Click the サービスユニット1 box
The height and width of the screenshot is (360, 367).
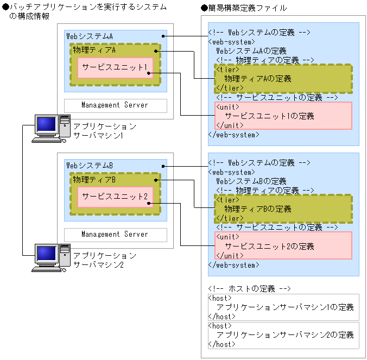(115, 67)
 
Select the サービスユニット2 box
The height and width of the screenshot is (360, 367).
(115, 197)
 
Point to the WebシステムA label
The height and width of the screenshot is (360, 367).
(90, 36)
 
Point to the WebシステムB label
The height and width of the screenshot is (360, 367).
(90, 165)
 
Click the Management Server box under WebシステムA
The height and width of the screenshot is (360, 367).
(115, 105)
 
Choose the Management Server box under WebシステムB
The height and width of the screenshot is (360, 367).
(115, 234)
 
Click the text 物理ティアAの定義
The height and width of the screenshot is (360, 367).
(258, 79)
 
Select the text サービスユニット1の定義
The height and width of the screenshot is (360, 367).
(269, 116)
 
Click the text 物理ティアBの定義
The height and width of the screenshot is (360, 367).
(258, 209)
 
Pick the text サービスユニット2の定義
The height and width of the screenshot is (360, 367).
(269, 247)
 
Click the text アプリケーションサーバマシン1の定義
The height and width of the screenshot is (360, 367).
(285, 307)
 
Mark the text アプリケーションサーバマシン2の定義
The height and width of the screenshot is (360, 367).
(285, 334)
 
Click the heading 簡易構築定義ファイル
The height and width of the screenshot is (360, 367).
(247, 8)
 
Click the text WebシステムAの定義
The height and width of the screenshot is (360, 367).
(251, 50)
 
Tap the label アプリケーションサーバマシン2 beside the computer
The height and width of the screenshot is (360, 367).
(105, 260)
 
